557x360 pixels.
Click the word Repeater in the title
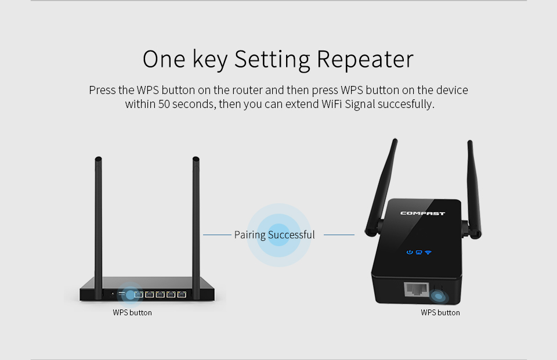coord(365,59)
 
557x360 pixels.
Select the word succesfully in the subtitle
coord(406,105)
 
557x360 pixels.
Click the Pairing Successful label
coord(274,235)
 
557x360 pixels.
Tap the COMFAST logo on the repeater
coord(422,213)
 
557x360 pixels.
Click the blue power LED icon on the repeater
coord(410,253)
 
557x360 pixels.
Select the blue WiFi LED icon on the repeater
coord(428,253)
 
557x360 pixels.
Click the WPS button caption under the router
coord(132,313)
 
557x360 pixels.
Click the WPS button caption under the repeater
coord(440,313)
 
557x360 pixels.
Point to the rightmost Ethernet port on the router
coord(183,294)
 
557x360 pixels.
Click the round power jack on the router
coord(112,294)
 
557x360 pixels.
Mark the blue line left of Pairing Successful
coord(217,235)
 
